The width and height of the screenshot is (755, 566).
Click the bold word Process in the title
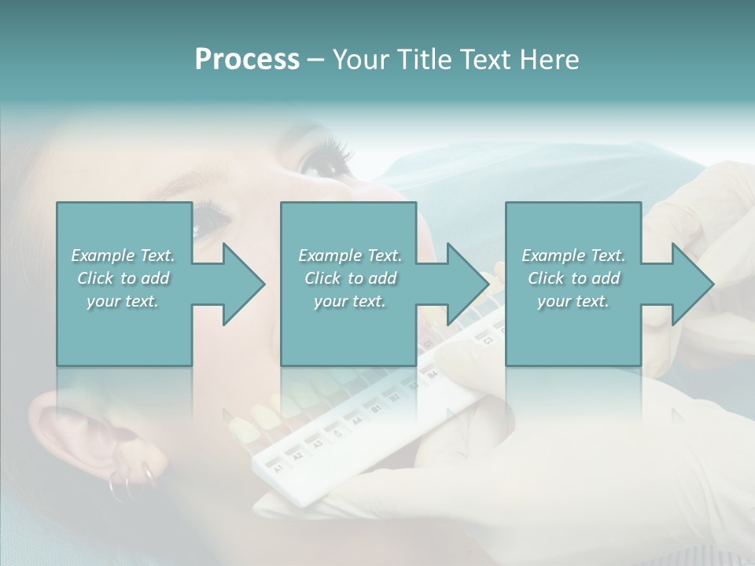pyautogui.click(x=247, y=60)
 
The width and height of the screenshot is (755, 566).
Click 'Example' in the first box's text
pyautogui.click(x=103, y=255)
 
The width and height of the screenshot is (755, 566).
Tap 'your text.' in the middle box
pyautogui.click(x=349, y=301)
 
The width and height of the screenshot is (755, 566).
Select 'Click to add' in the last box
pyautogui.click(x=573, y=278)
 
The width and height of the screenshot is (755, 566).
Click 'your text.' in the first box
pyautogui.click(x=123, y=301)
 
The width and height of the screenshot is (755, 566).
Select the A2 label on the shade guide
pyautogui.click(x=297, y=455)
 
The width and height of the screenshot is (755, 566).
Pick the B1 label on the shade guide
pyautogui.click(x=376, y=410)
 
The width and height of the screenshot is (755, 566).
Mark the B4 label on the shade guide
pyautogui.click(x=432, y=376)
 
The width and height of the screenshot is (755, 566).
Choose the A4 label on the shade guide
pyautogui.click(x=356, y=421)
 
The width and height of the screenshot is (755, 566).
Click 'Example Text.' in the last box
pyautogui.click(x=573, y=255)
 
